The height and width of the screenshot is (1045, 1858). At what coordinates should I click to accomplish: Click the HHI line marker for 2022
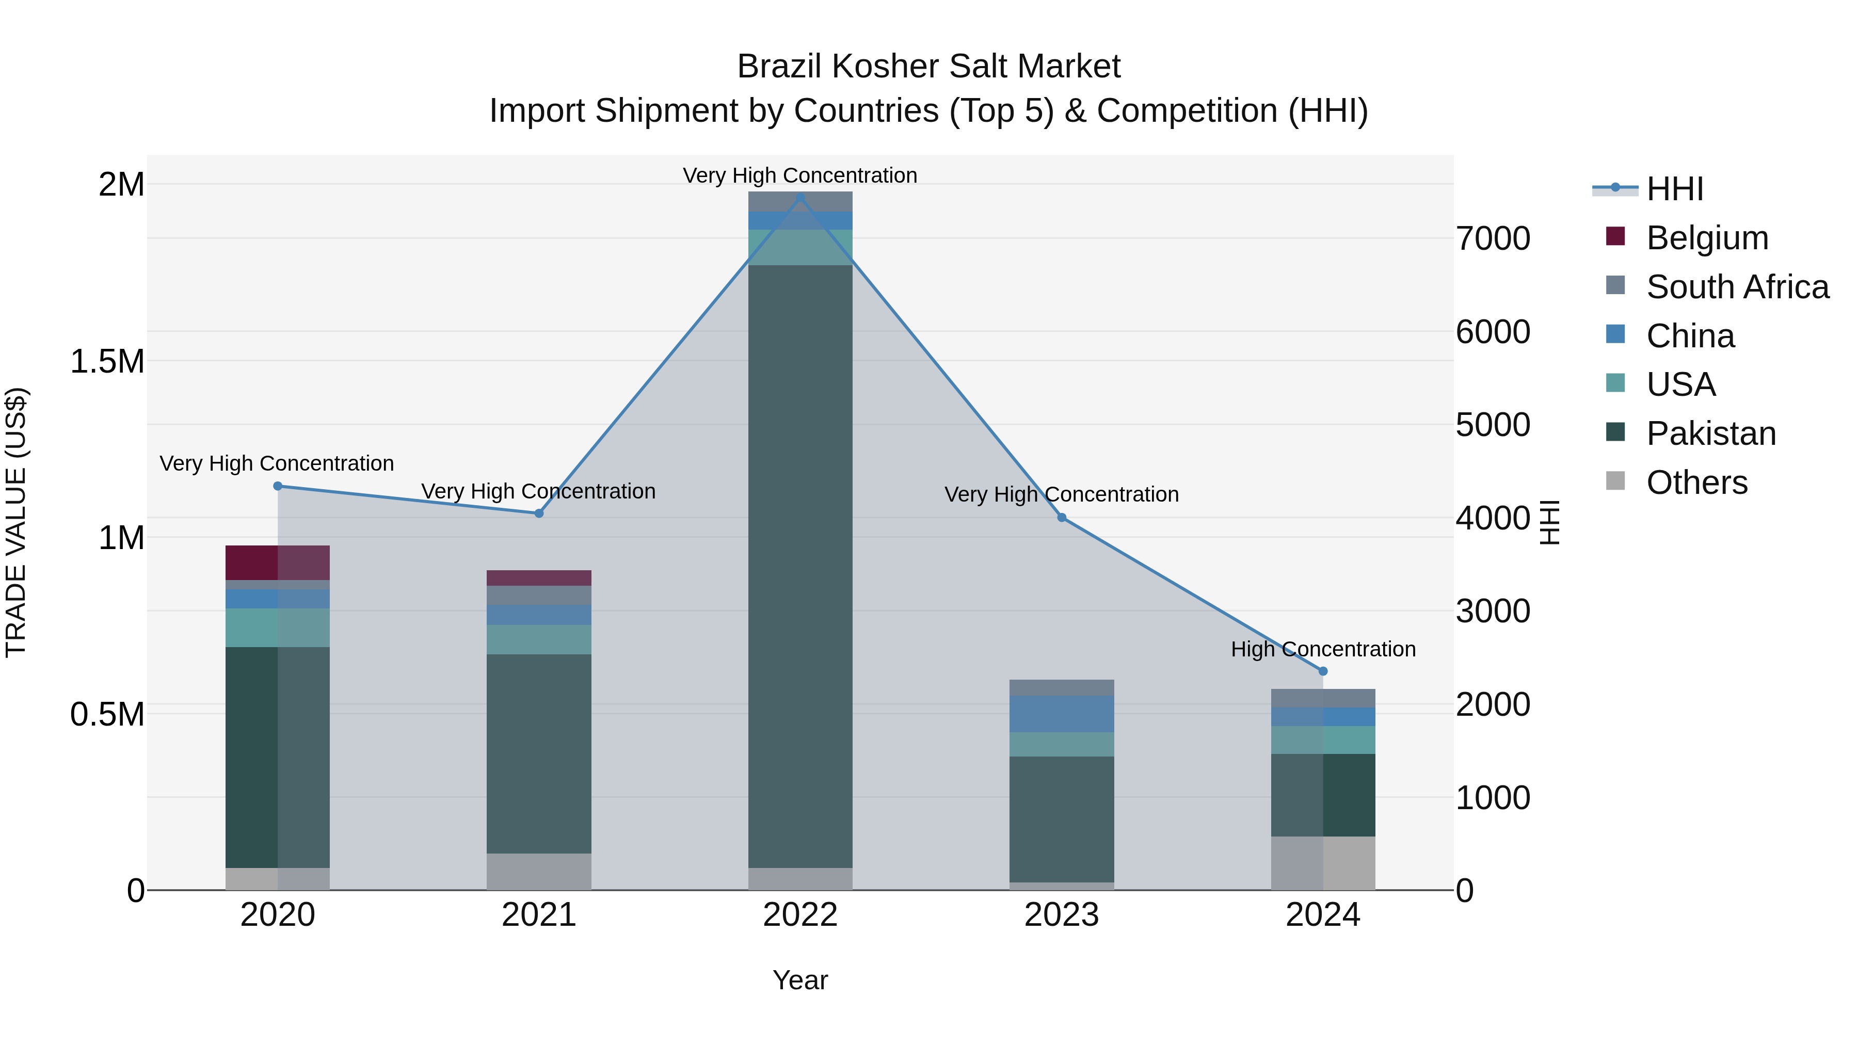click(x=800, y=198)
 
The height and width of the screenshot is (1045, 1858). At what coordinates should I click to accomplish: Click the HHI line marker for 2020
click(x=278, y=486)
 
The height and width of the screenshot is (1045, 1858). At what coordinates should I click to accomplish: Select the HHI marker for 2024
click(x=1323, y=671)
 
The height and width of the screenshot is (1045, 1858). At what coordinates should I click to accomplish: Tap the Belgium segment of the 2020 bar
click(x=278, y=562)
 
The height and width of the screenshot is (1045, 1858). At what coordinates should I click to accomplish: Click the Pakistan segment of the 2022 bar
click(x=800, y=566)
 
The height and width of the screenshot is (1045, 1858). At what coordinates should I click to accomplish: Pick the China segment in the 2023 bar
click(x=1061, y=714)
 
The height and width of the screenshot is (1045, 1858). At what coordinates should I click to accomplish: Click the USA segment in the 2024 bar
click(x=1323, y=740)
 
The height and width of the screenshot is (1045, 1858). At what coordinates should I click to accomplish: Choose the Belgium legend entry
click(x=1707, y=238)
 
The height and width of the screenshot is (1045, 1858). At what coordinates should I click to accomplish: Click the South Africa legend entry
click(x=1737, y=287)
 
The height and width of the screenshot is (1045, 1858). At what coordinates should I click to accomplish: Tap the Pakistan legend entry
click(x=1710, y=433)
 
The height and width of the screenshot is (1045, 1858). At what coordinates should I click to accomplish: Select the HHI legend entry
click(x=1674, y=189)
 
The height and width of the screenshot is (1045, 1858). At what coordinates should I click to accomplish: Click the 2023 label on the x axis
click(x=1061, y=915)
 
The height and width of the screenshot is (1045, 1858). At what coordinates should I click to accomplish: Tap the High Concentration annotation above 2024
click(x=1323, y=649)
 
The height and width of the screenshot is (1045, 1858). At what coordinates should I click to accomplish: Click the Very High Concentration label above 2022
click(x=800, y=175)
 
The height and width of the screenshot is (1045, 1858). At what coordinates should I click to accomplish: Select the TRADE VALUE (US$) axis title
click(x=17, y=522)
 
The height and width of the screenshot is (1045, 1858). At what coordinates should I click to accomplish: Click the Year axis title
click(x=800, y=980)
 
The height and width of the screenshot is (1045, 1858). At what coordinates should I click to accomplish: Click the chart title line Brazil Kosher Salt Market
click(x=928, y=67)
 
